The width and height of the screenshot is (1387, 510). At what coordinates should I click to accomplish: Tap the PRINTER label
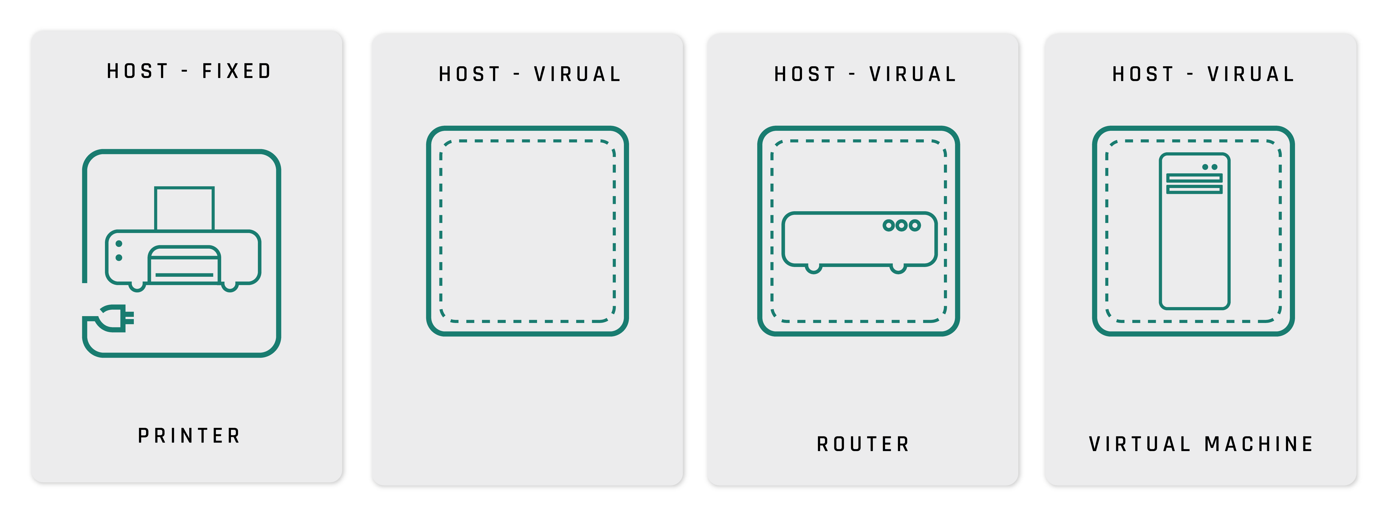click(189, 436)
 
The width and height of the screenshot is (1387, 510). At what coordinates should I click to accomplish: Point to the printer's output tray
click(184, 265)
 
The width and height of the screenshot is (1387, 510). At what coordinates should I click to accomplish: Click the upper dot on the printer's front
click(119, 244)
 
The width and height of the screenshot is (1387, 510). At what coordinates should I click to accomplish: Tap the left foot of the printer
click(137, 287)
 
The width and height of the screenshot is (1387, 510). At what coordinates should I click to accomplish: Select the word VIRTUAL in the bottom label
click(1139, 444)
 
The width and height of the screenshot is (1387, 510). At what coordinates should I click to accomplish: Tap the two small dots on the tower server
click(1210, 167)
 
